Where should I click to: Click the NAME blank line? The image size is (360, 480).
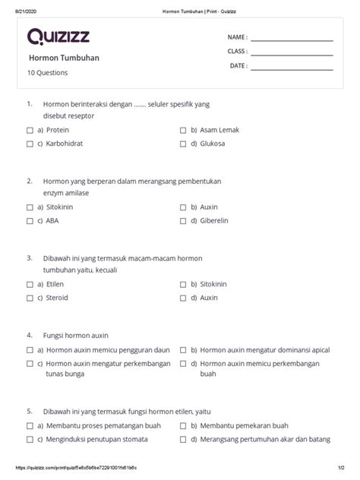[292, 39]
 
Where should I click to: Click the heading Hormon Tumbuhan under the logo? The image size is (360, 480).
[64, 58]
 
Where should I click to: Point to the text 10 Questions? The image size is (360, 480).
[48, 73]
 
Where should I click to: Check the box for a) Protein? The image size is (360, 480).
[30, 131]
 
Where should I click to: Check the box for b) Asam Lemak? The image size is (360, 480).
[183, 131]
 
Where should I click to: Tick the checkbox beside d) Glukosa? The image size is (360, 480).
[183, 144]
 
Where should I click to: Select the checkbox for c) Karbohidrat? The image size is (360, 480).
[30, 144]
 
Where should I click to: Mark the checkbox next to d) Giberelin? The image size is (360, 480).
[183, 221]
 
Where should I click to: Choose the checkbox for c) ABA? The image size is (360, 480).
[30, 221]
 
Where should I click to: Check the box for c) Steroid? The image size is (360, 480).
[30, 298]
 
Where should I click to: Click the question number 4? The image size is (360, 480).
[29, 334]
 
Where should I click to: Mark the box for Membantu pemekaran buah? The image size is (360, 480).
[183, 426]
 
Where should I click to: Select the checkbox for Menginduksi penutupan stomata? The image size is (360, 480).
[30, 440]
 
